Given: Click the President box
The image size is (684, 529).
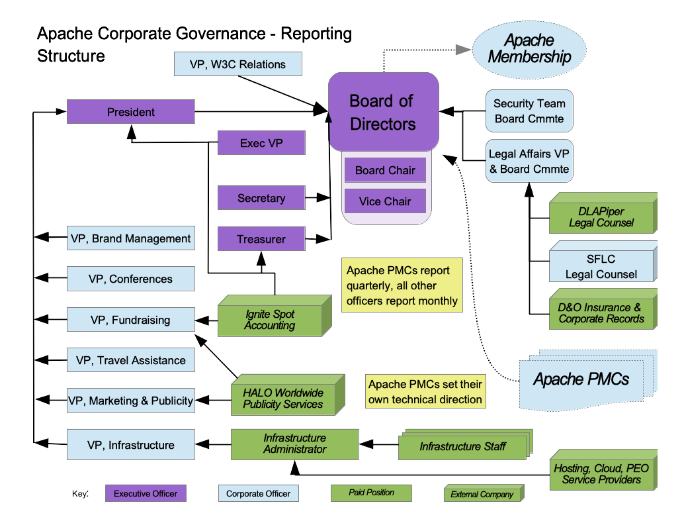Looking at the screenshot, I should [130, 112].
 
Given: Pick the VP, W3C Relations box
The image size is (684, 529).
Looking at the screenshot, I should [237, 64].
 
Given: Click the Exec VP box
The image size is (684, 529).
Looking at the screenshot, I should [261, 143].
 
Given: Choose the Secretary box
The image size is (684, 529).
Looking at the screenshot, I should [261, 198].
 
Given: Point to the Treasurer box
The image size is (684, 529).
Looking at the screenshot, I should [261, 239].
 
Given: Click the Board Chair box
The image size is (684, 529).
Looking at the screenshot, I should [385, 170].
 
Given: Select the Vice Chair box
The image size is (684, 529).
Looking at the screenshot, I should [385, 201].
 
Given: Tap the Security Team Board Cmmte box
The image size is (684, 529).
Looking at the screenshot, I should [529, 111].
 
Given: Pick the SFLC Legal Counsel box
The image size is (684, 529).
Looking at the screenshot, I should [601, 267].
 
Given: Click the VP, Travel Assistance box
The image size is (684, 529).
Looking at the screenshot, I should [130, 360].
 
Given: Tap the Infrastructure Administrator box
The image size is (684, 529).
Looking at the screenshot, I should [294, 444].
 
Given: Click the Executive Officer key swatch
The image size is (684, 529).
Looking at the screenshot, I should [146, 493].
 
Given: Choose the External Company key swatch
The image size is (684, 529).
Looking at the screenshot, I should [482, 495].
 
